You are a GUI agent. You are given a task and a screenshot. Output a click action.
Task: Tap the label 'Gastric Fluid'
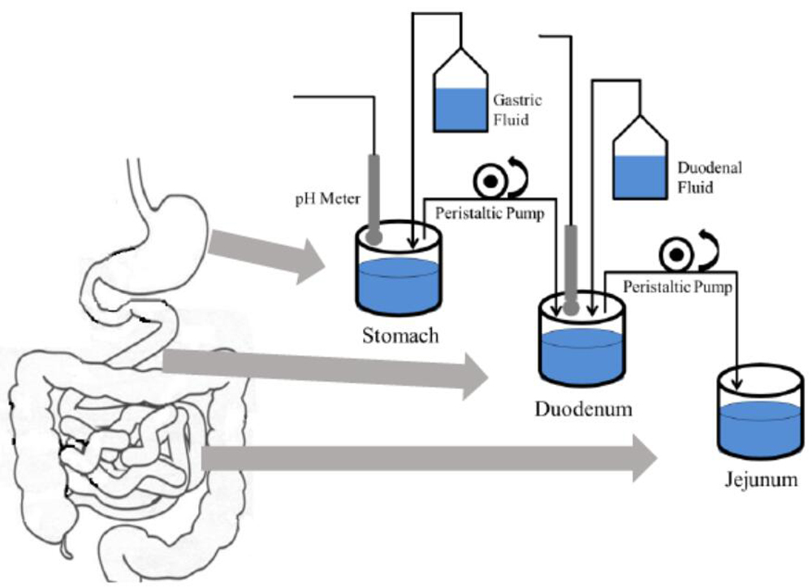517,110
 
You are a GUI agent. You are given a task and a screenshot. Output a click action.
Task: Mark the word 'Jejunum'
760,480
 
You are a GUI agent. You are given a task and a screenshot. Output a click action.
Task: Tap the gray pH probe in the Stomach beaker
374,195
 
